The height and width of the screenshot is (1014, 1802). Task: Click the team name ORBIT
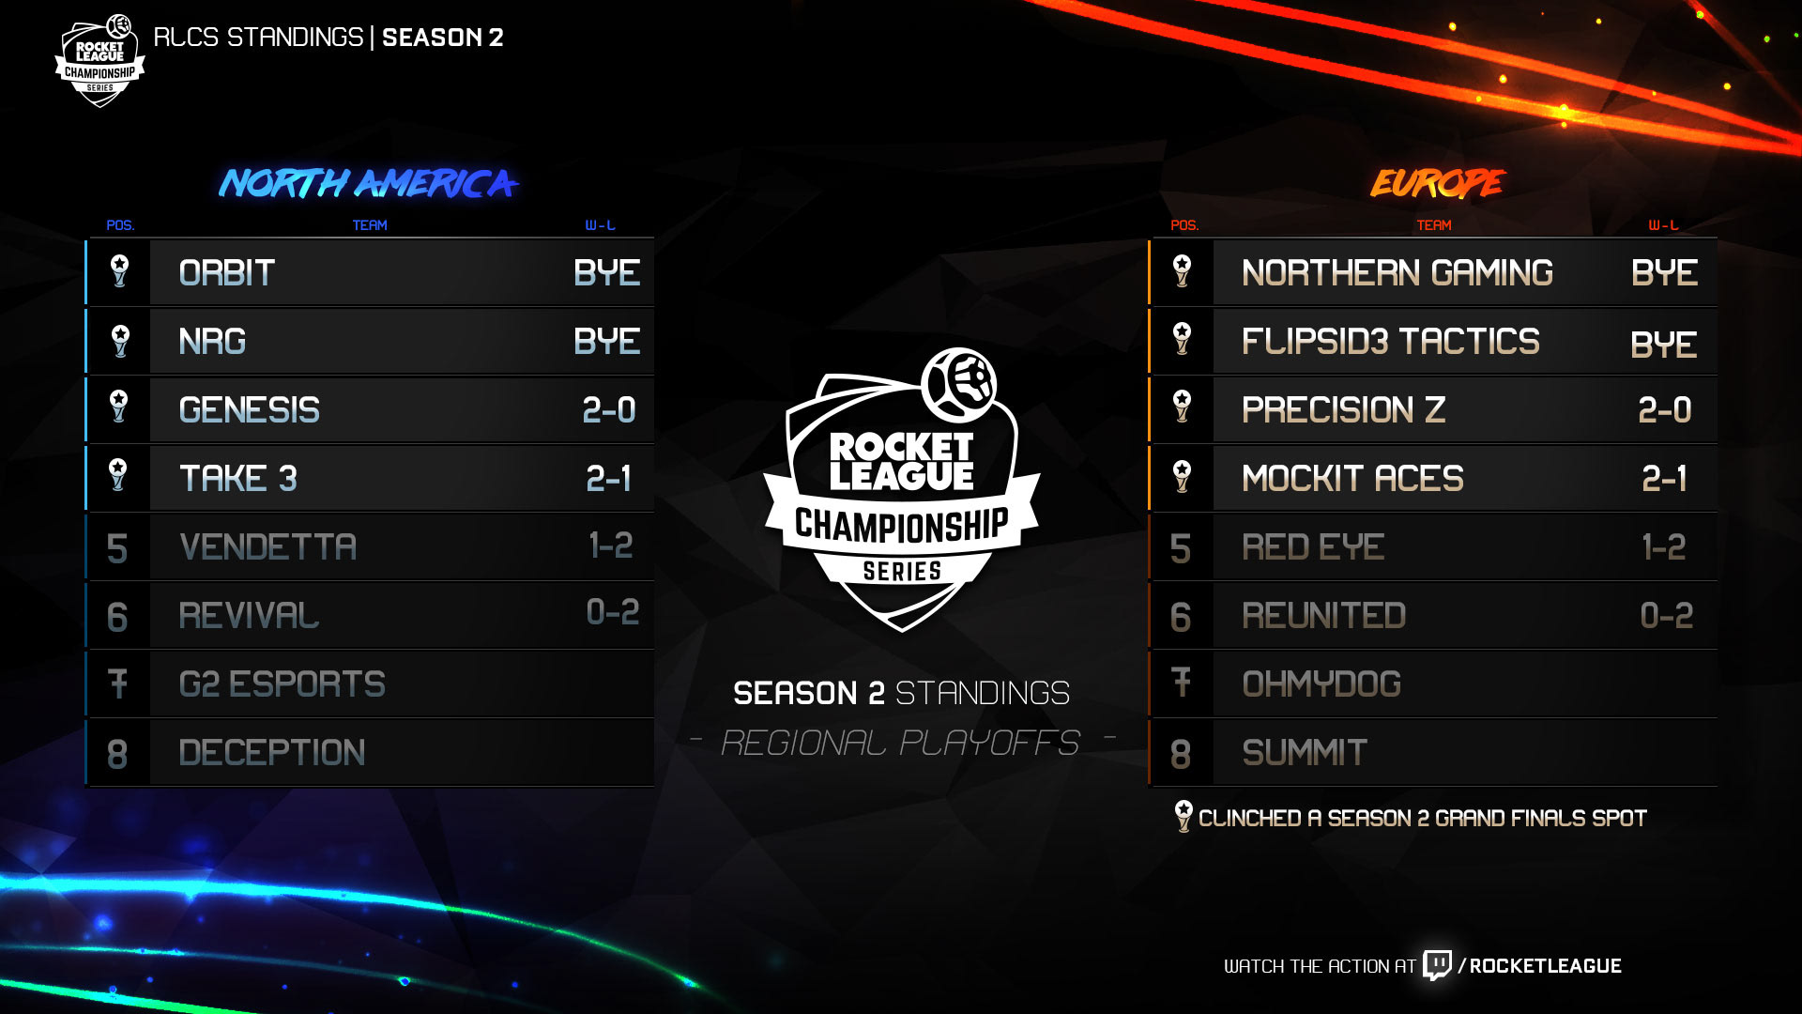226,273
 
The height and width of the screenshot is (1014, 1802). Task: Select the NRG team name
212,342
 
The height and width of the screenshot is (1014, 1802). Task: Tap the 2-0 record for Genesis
608,410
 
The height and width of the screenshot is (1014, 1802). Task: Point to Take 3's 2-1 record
608,479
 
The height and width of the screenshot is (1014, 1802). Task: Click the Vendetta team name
267,547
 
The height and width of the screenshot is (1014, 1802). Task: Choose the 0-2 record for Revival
612,613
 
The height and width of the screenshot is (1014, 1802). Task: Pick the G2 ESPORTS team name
282,684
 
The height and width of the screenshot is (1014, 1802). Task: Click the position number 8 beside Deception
117,754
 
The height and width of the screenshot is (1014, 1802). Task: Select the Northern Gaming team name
1397,273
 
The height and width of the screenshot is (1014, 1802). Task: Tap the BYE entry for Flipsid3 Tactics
1663,345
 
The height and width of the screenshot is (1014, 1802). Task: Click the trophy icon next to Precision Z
1182,407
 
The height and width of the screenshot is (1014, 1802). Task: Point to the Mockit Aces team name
1352,479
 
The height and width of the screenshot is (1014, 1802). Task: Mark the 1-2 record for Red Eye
1663,547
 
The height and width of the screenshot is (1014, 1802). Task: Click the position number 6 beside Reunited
1181,617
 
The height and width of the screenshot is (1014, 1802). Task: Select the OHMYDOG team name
1321,684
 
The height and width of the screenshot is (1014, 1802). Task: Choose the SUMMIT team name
1305,753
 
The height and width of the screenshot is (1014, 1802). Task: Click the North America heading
368,183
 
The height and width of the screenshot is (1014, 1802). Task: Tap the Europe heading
1437,183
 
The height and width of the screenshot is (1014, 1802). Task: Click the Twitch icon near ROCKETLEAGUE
1437,964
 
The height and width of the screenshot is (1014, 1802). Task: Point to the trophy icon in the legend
1184,816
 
